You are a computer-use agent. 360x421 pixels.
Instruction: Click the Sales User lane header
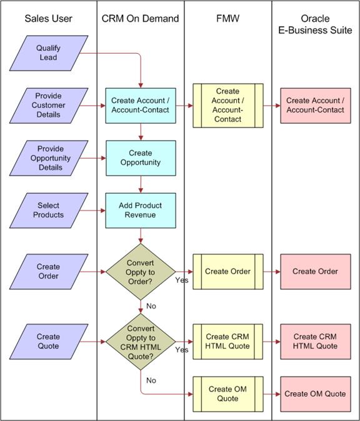(x=48, y=19)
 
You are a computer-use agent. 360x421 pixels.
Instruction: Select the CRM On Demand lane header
(x=140, y=19)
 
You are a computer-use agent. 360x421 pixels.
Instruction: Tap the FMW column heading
(x=227, y=19)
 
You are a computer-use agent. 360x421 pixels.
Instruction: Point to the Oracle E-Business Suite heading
(x=315, y=24)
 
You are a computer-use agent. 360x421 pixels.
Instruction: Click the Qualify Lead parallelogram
(x=49, y=53)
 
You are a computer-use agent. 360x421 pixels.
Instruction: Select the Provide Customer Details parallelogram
(x=49, y=106)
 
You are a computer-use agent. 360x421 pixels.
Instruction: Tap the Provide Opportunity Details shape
(x=49, y=158)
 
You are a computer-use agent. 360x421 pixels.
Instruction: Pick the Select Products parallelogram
(x=49, y=210)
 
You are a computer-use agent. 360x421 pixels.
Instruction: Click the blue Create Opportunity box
(x=141, y=158)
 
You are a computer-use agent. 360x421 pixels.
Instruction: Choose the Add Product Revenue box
(x=141, y=210)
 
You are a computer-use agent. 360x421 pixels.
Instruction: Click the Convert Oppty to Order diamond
(x=141, y=272)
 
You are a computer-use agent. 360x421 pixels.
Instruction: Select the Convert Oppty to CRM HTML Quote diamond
(x=141, y=342)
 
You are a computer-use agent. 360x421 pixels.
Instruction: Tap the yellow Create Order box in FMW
(x=228, y=272)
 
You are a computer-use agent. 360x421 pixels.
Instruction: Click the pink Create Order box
(x=316, y=272)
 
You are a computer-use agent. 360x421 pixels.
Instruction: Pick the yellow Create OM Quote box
(x=228, y=394)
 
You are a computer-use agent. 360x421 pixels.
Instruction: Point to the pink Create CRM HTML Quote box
(x=316, y=342)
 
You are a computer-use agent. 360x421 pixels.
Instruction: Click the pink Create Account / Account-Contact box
(x=316, y=106)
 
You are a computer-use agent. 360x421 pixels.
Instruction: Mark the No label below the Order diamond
(x=151, y=306)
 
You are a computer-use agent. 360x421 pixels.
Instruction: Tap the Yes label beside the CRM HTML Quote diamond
(x=182, y=350)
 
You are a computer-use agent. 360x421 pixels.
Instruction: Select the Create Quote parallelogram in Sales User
(x=49, y=342)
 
